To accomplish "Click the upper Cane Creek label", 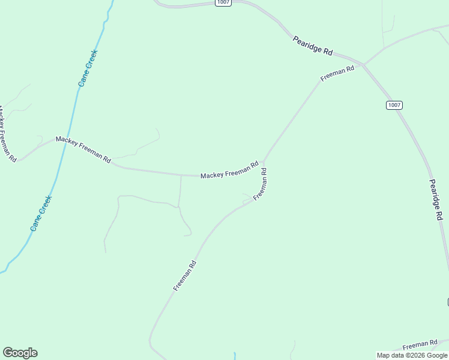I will tap(88, 68).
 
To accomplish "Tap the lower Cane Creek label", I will tap(41, 214).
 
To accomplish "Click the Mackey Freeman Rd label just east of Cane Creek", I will tap(83, 149).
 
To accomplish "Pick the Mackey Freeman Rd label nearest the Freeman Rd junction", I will tap(229, 170).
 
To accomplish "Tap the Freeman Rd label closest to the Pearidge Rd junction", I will tap(337, 74).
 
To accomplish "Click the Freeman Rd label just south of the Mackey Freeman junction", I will tap(260, 184).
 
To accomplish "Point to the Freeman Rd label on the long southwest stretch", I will tap(185, 275).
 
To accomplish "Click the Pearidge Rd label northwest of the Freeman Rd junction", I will tap(313, 46).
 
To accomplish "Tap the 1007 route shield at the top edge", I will tap(223, 3).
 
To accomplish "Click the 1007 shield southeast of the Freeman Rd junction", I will tap(394, 105).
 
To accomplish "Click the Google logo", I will tap(20, 353).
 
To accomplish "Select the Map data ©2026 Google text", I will tap(412, 355).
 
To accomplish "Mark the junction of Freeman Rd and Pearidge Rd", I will tap(363, 64).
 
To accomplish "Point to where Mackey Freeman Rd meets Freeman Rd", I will tap(264, 163).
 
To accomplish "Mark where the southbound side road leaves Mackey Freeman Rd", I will tap(181, 176).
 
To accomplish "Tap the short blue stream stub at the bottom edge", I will tap(235, 356).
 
